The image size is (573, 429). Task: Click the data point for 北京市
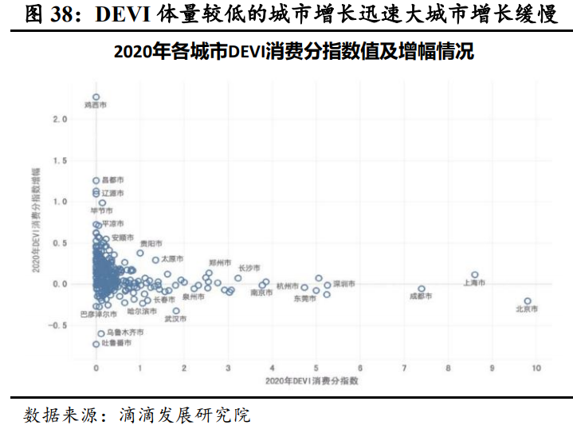[x=528, y=301]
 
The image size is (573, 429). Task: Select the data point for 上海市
[x=475, y=274]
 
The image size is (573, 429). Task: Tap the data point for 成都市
[x=422, y=289]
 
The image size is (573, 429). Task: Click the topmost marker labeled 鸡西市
[x=96, y=97]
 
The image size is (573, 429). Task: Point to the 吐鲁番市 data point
[x=96, y=344]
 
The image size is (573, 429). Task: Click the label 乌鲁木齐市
[x=125, y=333]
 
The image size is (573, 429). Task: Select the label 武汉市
[x=175, y=319]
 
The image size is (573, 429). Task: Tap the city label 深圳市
[x=343, y=284]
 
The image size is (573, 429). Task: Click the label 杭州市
[x=288, y=285]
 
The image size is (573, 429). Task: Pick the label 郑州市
[x=220, y=262]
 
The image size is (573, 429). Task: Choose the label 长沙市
[x=249, y=267]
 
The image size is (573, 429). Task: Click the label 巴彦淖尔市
[x=99, y=314]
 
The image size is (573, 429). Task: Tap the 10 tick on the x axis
[x=536, y=368]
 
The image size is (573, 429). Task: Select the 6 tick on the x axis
[x=360, y=368]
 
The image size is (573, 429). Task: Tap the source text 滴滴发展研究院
[x=185, y=415]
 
